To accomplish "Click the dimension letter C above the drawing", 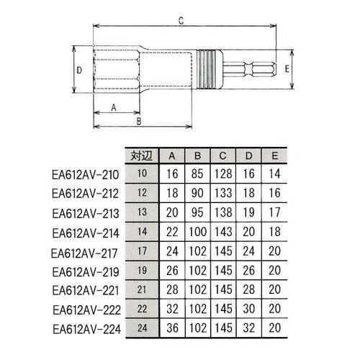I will [179, 21].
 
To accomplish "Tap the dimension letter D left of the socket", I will [81, 70].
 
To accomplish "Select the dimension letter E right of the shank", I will [287, 69].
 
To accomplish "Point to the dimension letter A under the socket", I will [114, 107].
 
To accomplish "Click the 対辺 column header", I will [140, 155].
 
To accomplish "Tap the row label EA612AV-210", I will [82, 174].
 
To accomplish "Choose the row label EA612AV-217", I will [82, 253].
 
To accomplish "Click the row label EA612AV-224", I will [82, 330].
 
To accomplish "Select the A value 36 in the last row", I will [171, 330].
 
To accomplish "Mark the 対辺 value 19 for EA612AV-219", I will [140, 272].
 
